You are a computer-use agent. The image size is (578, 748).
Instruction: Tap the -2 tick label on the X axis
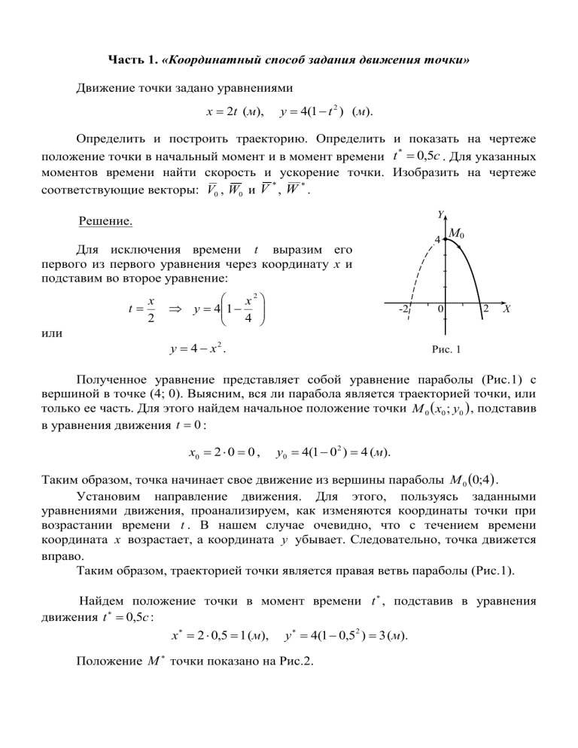point(403,310)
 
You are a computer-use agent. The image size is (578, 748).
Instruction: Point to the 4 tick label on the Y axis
point(438,241)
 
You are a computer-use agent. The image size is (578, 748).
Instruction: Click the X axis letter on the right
point(509,310)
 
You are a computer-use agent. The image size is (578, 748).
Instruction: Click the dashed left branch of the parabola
point(416,271)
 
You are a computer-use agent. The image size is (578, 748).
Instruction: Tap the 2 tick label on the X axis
point(487,310)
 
